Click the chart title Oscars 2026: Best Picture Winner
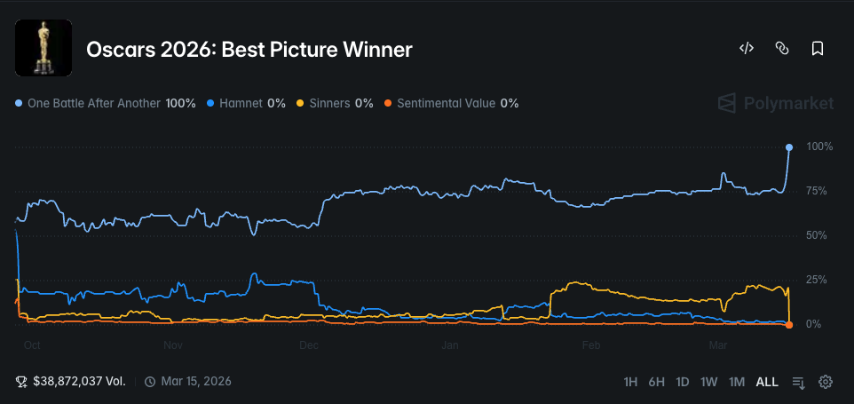(x=249, y=50)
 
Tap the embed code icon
(x=746, y=49)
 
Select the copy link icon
(x=782, y=49)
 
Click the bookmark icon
(x=818, y=49)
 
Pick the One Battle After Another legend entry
(x=106, y=103)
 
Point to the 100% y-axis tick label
(x=819, y=147)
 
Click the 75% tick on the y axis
(x=816, y=191)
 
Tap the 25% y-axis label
(x=816, y=280)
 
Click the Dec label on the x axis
(x=309, y=344)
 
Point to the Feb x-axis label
(x=589, y=344)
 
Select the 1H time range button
(x=630, y=382)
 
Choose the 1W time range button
(x=708, y=382)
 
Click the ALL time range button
(x=767, y=382)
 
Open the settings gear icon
(x=826, y=382)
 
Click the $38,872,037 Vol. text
(x=79, y=381)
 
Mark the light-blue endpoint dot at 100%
(x=789, y=147)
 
